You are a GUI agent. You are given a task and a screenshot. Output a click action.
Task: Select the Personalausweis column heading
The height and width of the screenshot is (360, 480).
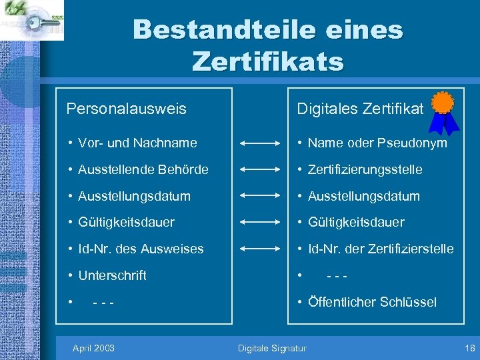(126, 108)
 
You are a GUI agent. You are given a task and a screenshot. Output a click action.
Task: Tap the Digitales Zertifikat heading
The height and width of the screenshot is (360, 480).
(360, 109)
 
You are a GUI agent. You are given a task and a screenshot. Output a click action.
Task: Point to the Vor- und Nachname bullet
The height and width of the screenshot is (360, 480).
(137, 143)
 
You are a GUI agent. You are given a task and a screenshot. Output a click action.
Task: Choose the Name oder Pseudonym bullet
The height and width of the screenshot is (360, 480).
(377, 143)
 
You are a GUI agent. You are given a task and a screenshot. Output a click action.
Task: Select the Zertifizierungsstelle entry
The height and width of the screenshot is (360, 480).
(365, 169)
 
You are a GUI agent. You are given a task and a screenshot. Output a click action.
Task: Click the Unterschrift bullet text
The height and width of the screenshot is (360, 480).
(112, 275)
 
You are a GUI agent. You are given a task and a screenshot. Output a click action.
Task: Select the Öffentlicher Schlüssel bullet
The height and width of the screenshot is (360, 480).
(372, 302)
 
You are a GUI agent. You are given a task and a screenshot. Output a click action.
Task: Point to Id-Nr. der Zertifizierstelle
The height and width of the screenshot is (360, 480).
(381, 249)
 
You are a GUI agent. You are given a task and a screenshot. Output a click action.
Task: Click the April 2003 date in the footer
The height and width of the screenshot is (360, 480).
(93, 348)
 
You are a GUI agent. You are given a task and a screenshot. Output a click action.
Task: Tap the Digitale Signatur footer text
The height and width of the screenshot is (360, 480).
(273, 348)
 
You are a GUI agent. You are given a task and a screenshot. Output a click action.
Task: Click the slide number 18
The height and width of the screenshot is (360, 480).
(470, 348)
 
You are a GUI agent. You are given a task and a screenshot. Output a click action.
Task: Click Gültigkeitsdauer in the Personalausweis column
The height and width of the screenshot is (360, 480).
(126, 222)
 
